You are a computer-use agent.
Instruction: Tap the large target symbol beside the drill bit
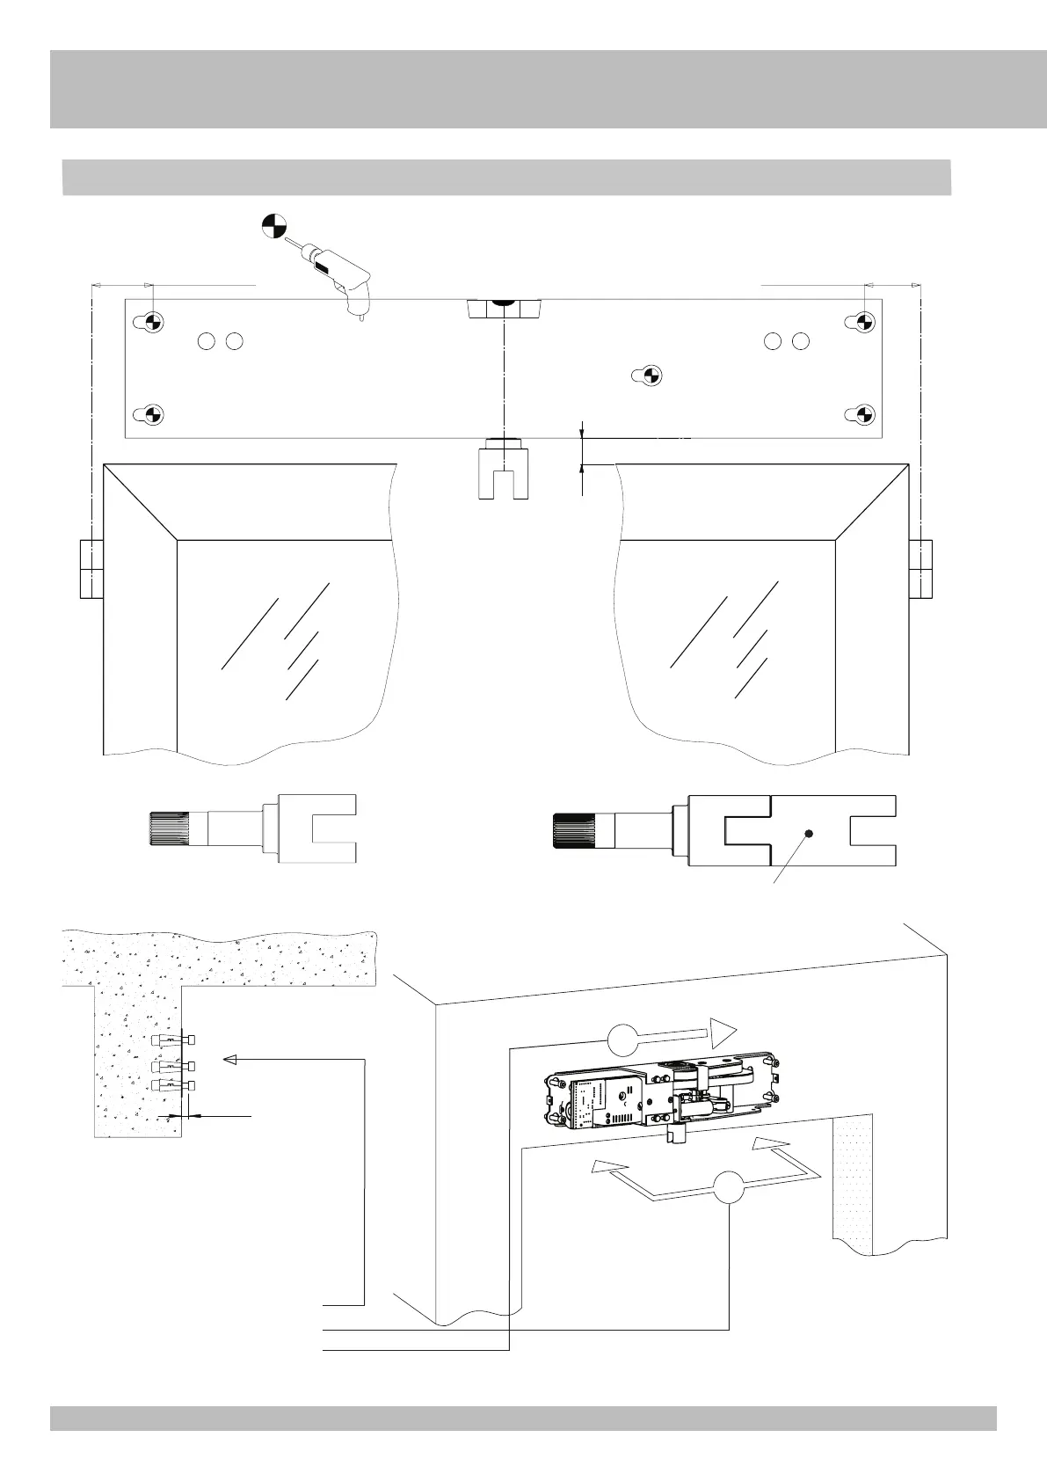pyautogui.click(x=274, y=226)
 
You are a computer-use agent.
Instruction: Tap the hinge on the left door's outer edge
pyautogui.click(x=91, y=569)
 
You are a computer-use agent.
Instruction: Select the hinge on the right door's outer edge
pyautogui.click(x=920, y=569)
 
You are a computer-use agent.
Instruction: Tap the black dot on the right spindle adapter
pyautogui.click(x=810, y=833)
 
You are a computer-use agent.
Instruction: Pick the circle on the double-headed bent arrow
pyautogui.click(x=730, y=1188)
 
